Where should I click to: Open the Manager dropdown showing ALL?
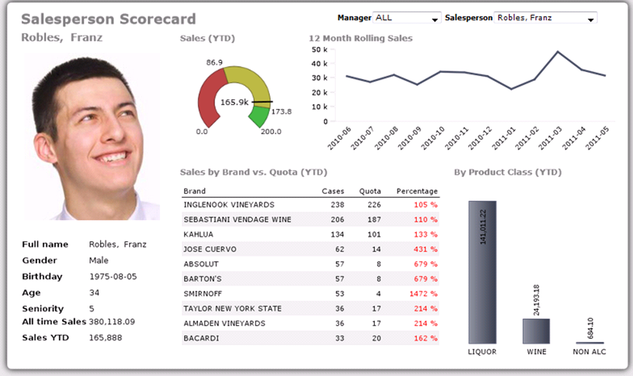coord(406,18)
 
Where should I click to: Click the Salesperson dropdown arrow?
coord(591,19)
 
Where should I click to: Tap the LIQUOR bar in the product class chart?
coord(482,272)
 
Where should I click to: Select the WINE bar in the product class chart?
coord(536,331)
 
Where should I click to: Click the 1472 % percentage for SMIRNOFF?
coord(424,294)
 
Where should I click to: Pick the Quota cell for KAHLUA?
coord(374,235)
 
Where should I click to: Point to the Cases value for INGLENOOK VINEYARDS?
coord(337,205)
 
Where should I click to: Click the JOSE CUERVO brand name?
coord(210,250)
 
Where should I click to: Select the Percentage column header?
coord(417,191)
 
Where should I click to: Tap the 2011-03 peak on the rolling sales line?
coord(557,52)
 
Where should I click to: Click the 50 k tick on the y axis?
coord(320,50)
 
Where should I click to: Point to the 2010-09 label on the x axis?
coord(411,138)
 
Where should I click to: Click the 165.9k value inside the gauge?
coord(234,102)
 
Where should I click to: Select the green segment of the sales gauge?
coord(259,116)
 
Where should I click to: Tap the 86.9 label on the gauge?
coord(215,63)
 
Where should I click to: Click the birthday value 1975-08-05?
coord(113,277)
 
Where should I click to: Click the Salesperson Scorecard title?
coord(108,19)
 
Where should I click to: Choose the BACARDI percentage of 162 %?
coord(425,338)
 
